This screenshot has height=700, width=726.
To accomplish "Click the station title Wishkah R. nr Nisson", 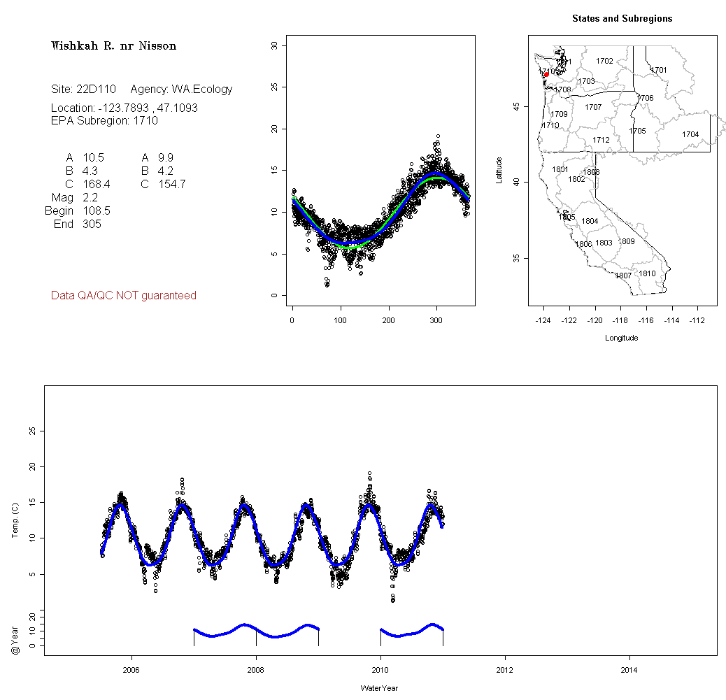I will (113, 46).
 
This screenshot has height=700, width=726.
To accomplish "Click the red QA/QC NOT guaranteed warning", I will (124, 296).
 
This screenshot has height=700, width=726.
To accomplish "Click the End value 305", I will (92, 224).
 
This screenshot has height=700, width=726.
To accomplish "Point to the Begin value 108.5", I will (97, 210).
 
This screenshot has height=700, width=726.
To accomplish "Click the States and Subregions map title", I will (622, 19).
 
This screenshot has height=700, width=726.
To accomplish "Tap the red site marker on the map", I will (546, 74).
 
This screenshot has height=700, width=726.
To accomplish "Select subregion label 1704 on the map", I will (690, 134).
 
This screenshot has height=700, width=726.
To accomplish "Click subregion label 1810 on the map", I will (647, 273).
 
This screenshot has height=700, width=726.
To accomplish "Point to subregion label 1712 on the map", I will (601, 141).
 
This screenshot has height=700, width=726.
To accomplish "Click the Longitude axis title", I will (621, 338).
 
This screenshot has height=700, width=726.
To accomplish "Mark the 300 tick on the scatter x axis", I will (436, 320).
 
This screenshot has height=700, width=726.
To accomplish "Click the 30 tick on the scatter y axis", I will (275, 45).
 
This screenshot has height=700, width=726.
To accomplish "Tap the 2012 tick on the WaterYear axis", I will (505, 671).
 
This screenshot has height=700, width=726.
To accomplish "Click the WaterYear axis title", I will (380, 689).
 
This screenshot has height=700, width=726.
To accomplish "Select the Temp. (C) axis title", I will (15, 520).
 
